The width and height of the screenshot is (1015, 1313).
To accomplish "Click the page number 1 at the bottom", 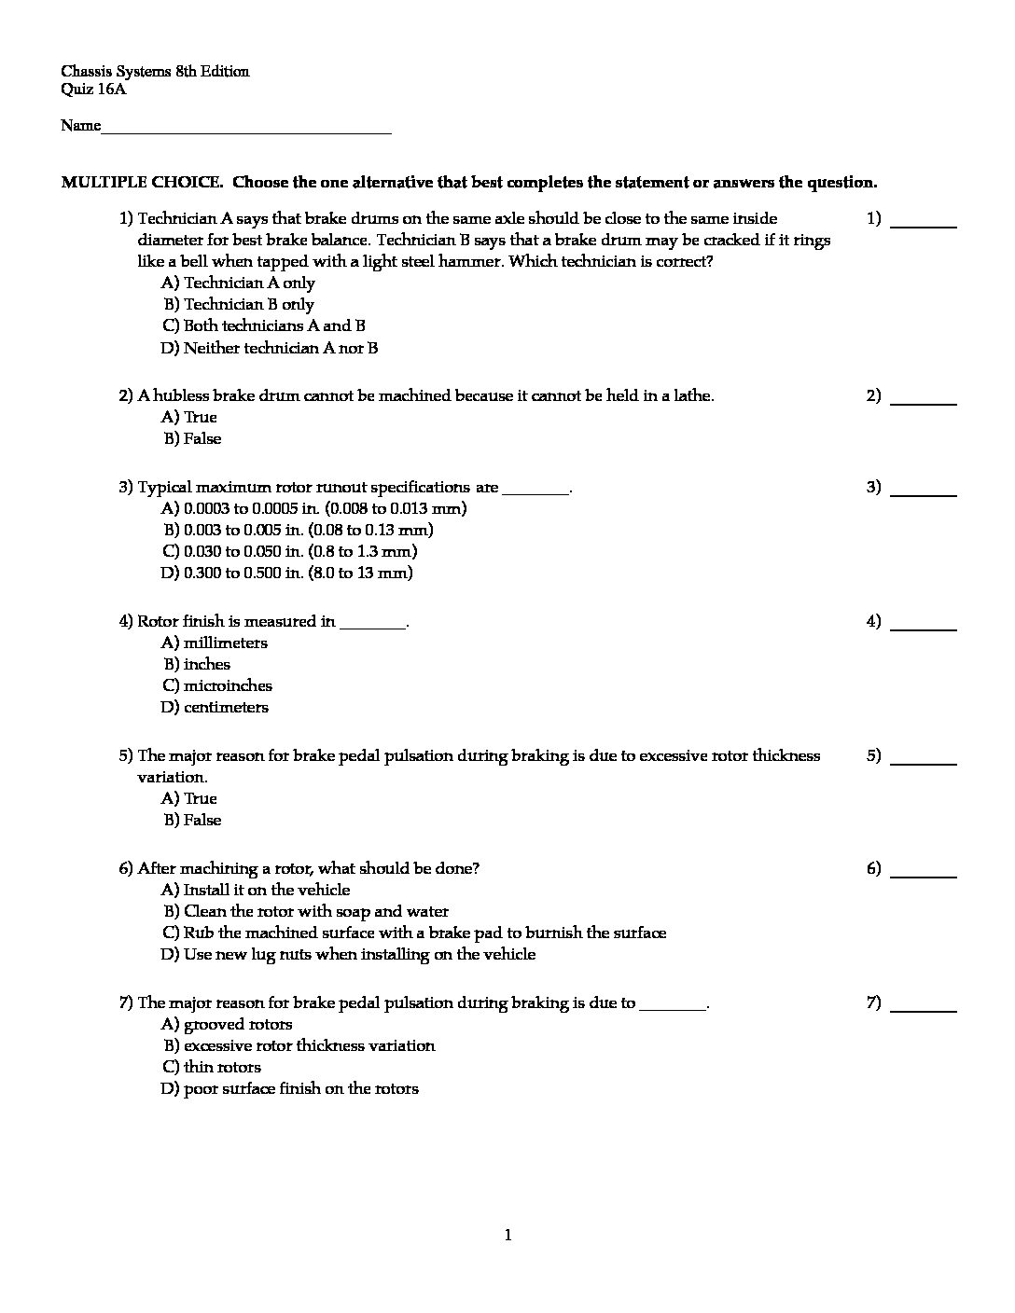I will (x=507, y=1236).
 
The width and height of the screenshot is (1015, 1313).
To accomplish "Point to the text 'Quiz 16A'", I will (x=93, y=90).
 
